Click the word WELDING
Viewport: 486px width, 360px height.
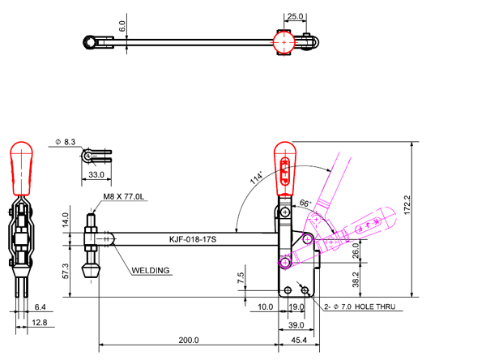coord(151,270)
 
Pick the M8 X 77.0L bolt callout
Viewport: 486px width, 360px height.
coord(124,197)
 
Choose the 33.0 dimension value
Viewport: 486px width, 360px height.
coord(96,174)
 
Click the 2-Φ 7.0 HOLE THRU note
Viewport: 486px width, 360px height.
coord(359,308)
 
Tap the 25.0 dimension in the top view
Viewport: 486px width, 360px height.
coord(295,15)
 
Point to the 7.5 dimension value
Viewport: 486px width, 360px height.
coord(240,276)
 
